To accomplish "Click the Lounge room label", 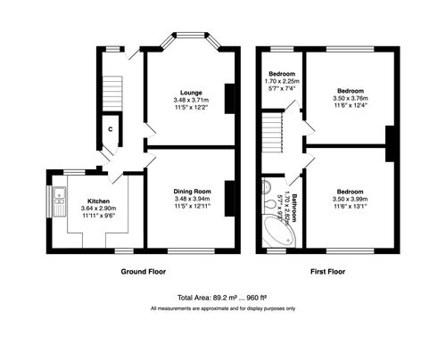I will tap(190, 92).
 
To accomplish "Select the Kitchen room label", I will tap(86, 201).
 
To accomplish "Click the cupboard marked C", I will tap(111, 130).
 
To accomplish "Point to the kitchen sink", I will tap(56, 199).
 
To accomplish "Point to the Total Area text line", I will tap(223, 299).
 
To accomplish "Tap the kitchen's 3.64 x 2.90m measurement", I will tap(86, 209).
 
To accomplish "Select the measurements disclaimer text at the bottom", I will tap(223, 308).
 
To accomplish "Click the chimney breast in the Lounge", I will tap(231, 98).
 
